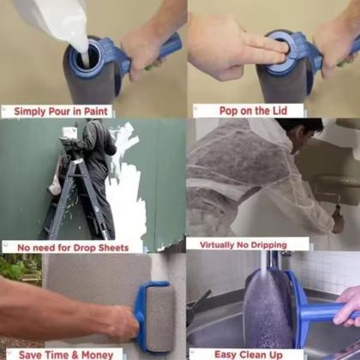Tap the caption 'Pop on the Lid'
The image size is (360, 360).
coord(239,111)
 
